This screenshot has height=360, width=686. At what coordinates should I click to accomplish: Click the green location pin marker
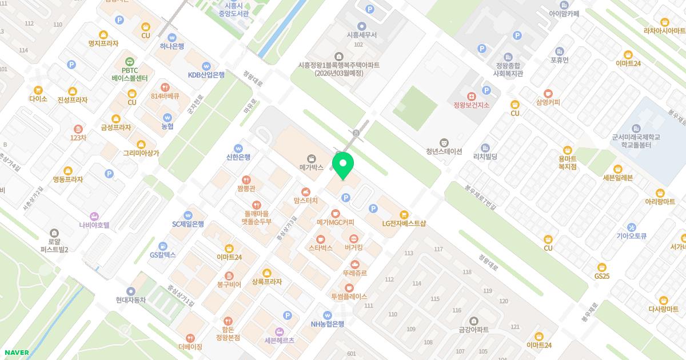pyautogui.click(x=343, y=165)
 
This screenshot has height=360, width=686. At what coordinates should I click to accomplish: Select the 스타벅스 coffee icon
pyautogui.click(x=321, y=239)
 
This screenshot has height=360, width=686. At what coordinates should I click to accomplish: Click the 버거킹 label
pyautogui.click(x=354, y=248)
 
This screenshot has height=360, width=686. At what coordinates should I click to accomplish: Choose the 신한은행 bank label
pyautogui.click(x=238, y=157)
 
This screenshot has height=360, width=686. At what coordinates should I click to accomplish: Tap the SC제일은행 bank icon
pyautogui.click(x=188, y=215)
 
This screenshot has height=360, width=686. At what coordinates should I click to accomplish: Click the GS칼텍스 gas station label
pyautogui.click(x=163, y=255)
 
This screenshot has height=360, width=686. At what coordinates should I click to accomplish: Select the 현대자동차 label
pyautogui.click(x=131, y=300)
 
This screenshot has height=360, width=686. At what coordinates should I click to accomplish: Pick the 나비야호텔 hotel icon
pyautogui.click(x=94, y=216)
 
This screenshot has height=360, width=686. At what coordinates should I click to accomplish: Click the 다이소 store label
pyautogui.click(x=38, y=99)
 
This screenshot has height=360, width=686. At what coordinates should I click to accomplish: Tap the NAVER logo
pyautogui.click(x=16, y=352)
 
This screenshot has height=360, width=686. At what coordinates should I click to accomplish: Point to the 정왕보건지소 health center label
pyautogui.click(x=471, y=105)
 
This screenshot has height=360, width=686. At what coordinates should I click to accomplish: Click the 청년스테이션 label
pyautogui.click(x=444, y=151)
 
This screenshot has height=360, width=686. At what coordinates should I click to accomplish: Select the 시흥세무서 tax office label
pyautogui.click(x=361, y=35)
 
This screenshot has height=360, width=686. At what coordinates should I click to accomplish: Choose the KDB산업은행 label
pyautogui.click(x=206, y=75)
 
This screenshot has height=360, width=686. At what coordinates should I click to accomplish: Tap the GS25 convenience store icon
pyautogui.click(x=601, y=267)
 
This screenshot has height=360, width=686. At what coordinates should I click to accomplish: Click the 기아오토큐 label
pyautogui.click(x=631, y=235)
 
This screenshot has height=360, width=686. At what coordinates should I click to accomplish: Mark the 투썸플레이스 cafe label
pyautogui.click(x=349, y=297)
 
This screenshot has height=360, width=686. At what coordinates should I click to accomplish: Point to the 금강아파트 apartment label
pyautogui.click(x=473, y=330)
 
